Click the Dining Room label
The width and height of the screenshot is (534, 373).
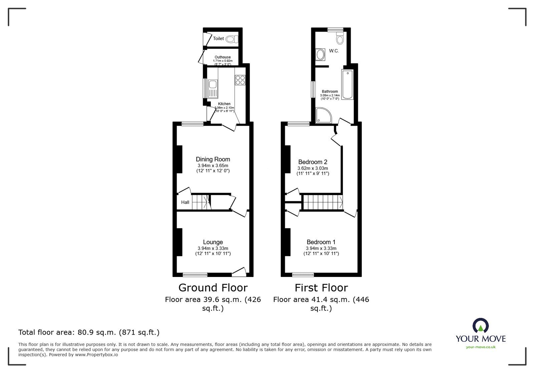(213, 159)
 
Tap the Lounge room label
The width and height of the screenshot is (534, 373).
(213, 242)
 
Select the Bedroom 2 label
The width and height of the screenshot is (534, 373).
(313, 162)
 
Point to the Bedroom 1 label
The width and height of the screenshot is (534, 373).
(321, 242)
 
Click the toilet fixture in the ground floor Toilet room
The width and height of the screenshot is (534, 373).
(231, 39)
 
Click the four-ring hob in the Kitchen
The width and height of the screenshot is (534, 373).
(240, 80)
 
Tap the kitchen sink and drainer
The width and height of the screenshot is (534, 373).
(212, 89)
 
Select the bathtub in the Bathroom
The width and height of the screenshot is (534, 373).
(347, 85)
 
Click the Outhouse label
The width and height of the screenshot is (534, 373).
(223, 57)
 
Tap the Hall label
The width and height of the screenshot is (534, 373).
(185, 202)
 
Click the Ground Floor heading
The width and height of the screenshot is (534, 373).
(213, 288)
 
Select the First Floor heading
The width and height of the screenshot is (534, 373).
(321, 288)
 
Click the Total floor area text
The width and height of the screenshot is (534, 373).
(89, 332)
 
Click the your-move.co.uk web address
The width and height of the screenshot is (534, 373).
(481, 347)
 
